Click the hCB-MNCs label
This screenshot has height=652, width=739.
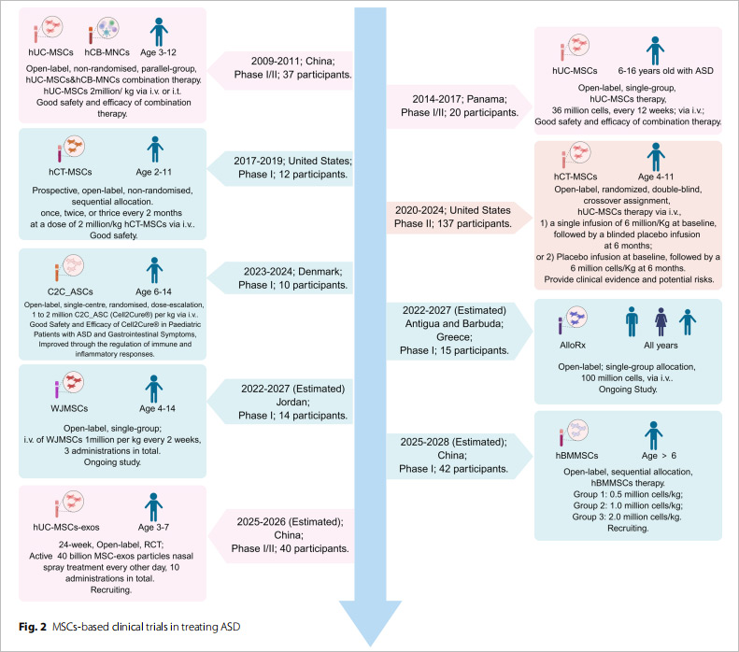pos(107,52)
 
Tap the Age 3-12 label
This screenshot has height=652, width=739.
pos(159,52)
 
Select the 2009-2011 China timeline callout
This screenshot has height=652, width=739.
pos(281,68)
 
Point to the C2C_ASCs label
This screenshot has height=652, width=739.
pos(70,291)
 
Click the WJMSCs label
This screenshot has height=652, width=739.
pos(69,408)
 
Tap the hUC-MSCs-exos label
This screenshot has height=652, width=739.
pos(66,527)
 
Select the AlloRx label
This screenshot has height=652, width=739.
pos(573,345)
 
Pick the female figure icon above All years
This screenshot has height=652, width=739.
pos(661,321)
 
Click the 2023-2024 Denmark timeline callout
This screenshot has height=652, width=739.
pos(281,278)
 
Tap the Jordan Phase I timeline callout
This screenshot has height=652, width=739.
pos(281,402)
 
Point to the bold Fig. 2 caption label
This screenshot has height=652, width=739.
pos(33,627)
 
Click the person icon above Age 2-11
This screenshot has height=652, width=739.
pos(155,149)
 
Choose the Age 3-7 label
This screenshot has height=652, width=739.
pos(153,527)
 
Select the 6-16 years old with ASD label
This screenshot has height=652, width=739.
pos(665,71)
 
